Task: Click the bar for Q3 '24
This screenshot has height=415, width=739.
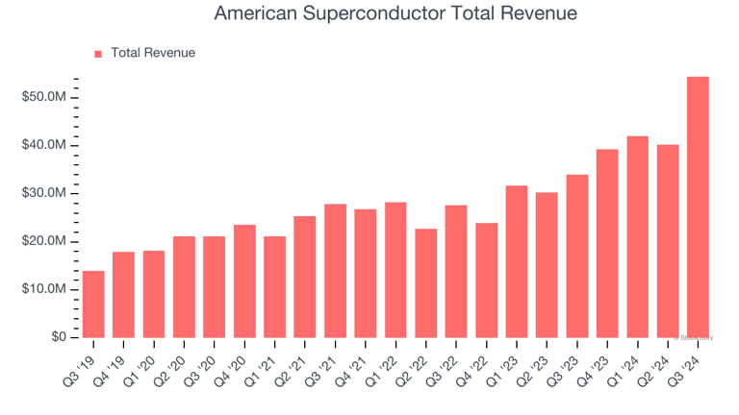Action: (x=698, y=207)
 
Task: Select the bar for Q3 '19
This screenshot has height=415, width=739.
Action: (x=93, y=304)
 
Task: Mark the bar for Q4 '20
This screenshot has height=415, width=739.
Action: (x=244, y=281)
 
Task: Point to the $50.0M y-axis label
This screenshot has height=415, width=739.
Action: (x=44, y=98)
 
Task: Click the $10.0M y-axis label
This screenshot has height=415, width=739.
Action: (x=44, y=289)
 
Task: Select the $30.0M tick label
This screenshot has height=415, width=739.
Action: (x=44, y=193)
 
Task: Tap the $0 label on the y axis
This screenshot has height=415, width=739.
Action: (x=58, y=337)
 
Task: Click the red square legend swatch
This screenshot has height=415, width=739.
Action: (x=98, y=54)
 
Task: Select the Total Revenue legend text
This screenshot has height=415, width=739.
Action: (x=153, y=53)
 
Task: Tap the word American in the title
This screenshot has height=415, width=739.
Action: (x=253, y=13)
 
